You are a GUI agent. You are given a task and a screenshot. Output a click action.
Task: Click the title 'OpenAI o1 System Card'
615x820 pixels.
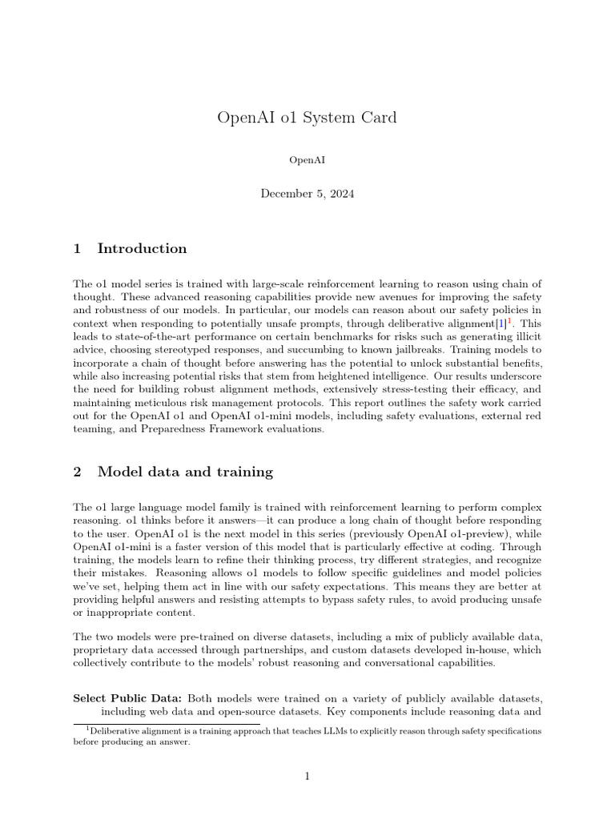(x=307, y=118)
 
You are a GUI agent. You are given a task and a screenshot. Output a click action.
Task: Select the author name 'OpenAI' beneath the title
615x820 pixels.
(x=307, y=160)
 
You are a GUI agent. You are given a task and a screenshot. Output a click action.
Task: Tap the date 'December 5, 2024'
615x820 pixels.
(x=307, y=194)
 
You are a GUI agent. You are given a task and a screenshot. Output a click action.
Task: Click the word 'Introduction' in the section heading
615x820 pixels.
(x=142, y=248)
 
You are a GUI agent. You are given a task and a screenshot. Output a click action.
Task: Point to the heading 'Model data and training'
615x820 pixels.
(x=185, y=472)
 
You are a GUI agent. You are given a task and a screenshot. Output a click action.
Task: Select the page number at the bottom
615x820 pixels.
(x=307, y=777)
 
